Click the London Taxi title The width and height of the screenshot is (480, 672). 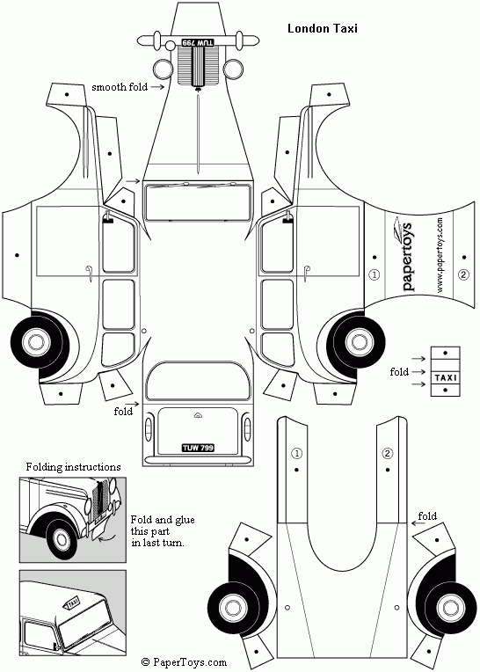coord(323,29)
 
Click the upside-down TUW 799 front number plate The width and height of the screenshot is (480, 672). coord(198,42)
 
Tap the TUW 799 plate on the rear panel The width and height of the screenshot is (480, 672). coord(198,448)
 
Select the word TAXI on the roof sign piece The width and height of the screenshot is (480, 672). coord(446,378)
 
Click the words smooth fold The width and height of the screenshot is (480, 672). coord(120,87)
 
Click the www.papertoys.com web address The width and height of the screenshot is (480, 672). coord(440,255)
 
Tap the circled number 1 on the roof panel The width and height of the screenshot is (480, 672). coord(375,274)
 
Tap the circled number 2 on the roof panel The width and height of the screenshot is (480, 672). coord(463,274)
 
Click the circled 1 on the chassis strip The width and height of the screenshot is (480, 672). coord(297,454)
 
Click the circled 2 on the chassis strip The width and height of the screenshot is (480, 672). coord(388,454)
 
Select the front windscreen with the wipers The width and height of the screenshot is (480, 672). coord(198,201)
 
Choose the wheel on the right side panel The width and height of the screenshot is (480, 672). coord(356,342)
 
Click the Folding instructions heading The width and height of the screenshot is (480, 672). coord(73,467)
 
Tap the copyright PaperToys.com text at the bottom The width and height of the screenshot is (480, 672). coord(184,662)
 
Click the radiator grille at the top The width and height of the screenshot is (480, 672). coord(199,66)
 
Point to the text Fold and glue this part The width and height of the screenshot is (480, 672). coord(163,525)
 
